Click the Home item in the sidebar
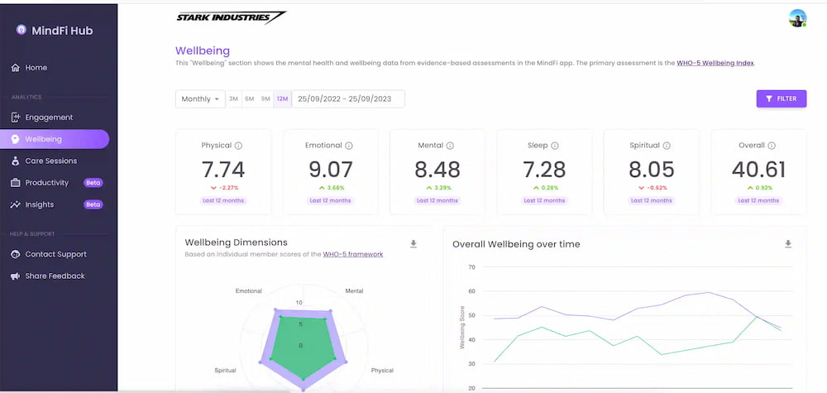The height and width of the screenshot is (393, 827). [29, 68]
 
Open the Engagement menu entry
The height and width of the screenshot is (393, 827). [41, 117]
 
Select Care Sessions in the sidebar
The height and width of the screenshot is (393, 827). [44, 161]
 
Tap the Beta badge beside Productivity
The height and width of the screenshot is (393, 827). [93, 183]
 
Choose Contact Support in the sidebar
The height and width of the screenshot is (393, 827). [49, 254]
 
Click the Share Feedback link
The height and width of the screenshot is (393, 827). [48, 276]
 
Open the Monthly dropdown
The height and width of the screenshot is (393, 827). [200, 99]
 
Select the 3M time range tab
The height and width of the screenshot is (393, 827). [233, 99]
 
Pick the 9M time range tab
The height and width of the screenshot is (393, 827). [265, 99]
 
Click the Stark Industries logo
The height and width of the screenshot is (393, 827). [231, 17]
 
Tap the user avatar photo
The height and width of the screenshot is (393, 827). [797, 18]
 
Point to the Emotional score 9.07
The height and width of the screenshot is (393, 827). [330, 170]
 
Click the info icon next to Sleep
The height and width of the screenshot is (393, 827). [555, 146]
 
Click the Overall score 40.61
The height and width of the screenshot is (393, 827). [758, 170]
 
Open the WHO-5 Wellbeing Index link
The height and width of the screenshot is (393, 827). [715, 64]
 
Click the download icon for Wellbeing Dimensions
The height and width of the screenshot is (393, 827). [413, 244]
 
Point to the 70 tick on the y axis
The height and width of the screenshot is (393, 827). [471, 267]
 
